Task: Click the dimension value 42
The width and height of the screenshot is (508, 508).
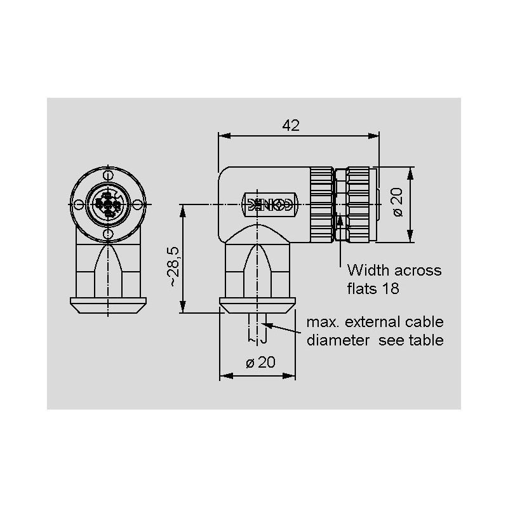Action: tap(291, 125)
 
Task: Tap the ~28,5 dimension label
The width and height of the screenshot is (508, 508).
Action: tap(173, 266)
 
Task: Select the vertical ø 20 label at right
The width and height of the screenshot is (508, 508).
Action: tap(398, 202)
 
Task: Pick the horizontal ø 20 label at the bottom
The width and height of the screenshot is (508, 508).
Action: tap(260, 362)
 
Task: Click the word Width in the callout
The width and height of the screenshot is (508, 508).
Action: tap(368, 271)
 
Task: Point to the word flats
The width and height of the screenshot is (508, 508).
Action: tap(362, 288)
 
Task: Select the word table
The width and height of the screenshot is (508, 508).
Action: tap(426, 340)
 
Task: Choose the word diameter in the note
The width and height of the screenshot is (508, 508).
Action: tap(338, 340)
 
